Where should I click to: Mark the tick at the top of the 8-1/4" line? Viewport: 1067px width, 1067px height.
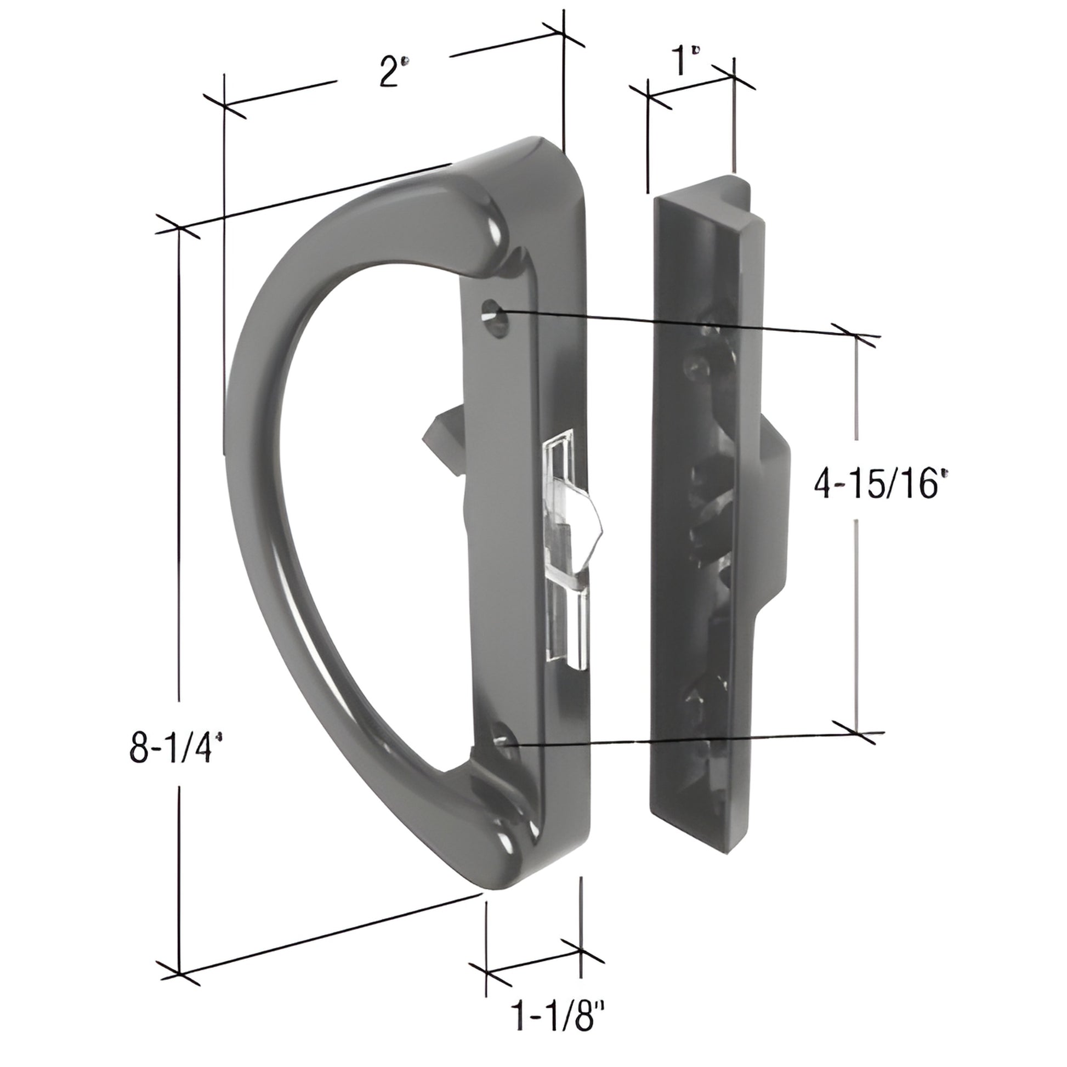(x=179, y=227)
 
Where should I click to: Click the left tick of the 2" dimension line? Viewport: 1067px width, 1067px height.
(x=224, y=104)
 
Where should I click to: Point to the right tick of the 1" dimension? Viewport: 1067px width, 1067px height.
(x=734, y=77)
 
